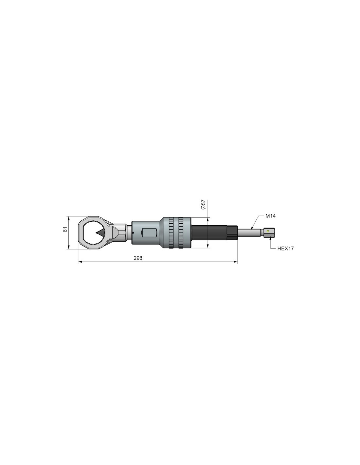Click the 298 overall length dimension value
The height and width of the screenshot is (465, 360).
point(138,258)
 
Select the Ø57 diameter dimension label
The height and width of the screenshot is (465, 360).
point(203,205)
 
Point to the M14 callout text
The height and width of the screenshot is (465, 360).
point(270,216)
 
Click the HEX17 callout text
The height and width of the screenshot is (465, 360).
point(285,249)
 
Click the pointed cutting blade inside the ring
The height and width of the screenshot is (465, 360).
point(99,232)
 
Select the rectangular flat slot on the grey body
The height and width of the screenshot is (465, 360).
point(149,233)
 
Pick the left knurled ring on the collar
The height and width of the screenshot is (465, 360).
point(171,233)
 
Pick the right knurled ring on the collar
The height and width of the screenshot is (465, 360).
point(181,233)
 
